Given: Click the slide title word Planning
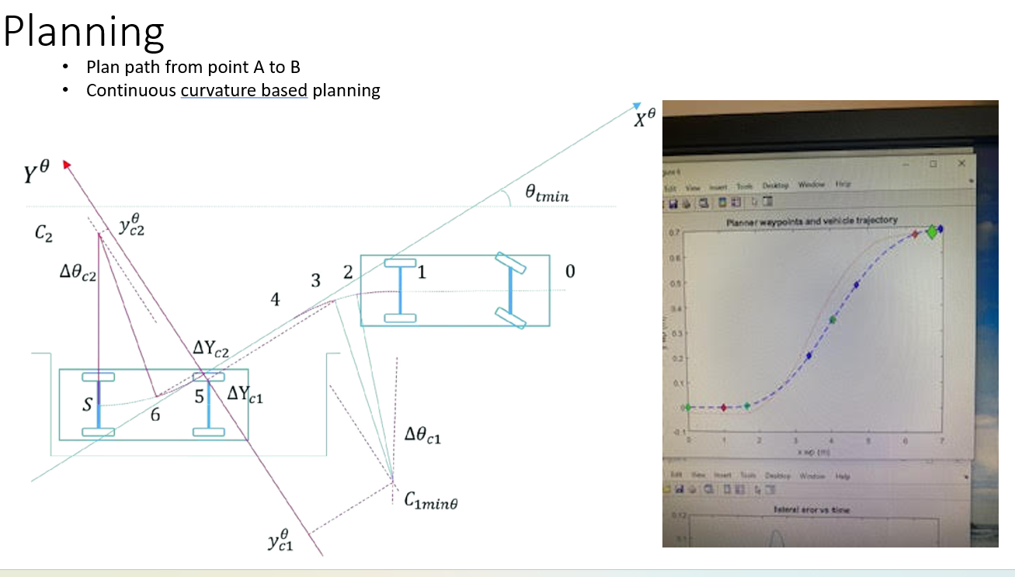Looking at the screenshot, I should [84, 33].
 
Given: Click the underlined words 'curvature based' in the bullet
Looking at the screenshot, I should [244, 90].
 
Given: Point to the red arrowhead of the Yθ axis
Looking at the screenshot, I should [67, 164].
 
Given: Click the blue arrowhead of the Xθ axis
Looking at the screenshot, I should [637, 106].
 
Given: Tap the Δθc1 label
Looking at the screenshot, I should [423, 437].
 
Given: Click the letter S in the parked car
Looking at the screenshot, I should [87, 405].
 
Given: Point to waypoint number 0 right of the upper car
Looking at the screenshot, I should [570, 272].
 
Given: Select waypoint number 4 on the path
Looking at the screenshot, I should [275, 300].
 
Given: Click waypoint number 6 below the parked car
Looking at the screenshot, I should [155, 415].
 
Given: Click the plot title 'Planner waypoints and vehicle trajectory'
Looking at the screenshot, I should [811, 221].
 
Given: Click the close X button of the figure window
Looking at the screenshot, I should [961, 164].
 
